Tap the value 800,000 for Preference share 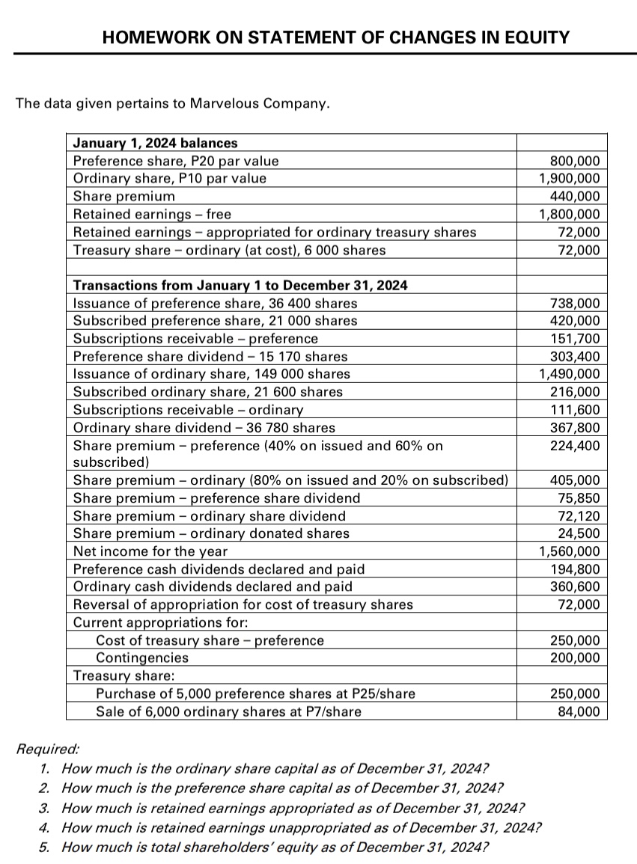(575, 160)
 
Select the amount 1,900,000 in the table (569, 178)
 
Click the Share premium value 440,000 (575, 196)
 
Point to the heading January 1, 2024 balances (155, 142)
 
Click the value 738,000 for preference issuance (575, 303)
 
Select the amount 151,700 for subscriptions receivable (575, 338)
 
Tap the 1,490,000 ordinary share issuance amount (569, 373)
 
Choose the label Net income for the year (150, 551)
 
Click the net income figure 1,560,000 (569, 551)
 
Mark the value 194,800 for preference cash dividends (575, 569)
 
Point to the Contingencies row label (142, 658)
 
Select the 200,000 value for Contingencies (575, 658)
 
